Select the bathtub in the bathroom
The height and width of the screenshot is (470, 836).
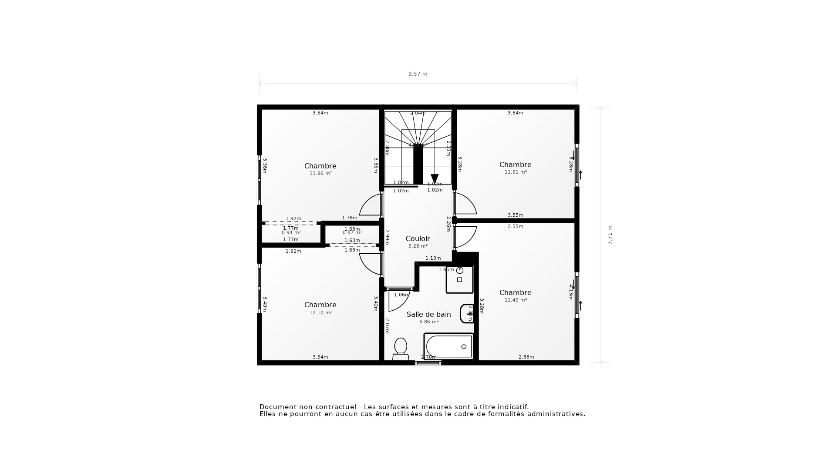tap(448, 346)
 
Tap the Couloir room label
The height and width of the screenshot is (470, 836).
tap(418, 238)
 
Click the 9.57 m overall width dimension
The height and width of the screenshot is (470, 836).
tap(418, 74)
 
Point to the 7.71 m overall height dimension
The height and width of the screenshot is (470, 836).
tap(610, 235)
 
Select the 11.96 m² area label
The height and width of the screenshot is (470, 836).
tap(320, 173)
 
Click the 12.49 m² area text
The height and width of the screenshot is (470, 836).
tap(516, 300)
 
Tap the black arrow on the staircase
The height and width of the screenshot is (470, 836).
tap(435, 178)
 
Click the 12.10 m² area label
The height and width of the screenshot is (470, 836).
tap(320, 312)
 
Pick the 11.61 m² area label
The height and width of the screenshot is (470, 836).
tap(516, 172)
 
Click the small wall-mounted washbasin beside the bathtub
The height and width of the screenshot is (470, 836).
tap(467, 313)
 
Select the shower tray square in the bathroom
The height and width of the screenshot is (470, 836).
tap(459, 279)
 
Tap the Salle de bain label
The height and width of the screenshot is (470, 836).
tap(428, 314)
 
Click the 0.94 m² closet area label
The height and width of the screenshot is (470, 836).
tap(291, 232)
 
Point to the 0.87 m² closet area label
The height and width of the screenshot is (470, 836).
tap(352, 232)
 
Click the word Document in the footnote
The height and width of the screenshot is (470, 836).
tap(277, 407)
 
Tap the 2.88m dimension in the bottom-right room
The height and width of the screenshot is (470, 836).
tap(526, 357)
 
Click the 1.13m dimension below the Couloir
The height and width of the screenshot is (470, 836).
tap(433, 258)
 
